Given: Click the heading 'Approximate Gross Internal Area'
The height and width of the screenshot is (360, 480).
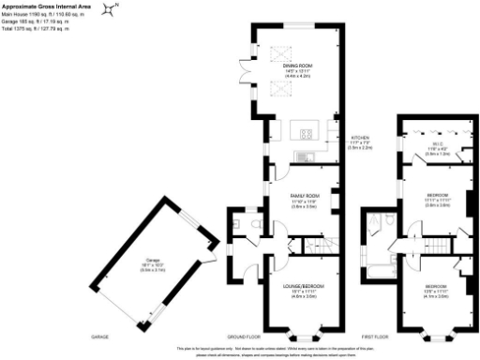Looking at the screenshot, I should [42, 6].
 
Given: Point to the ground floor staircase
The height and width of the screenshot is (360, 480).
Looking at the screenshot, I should [315, 246].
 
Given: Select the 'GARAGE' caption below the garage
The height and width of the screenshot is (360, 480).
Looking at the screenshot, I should [100, 336].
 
